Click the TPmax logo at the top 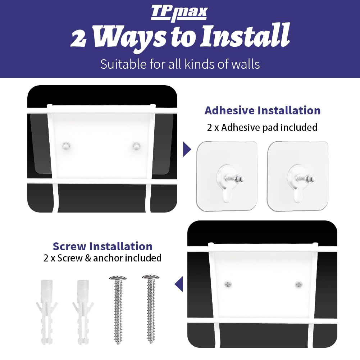pyautogui.click(x=179, y=13)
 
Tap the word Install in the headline pyautogui.click(x=245, y=35)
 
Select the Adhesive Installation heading pyautogui.click(x=263, y=110)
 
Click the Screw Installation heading pyautogui.click(x=102, y=246)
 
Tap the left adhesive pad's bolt pyautogui.click(x=234, y=178)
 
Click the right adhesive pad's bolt pyautogui.click(x=305, y=178)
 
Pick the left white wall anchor pyautogui.click(x=47, y=312)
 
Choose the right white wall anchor pyautogui.click(x=83, y=312)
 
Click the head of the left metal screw pyautogui.click(x=118, y=278)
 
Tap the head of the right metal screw pyautogui.click(x=150, y=277)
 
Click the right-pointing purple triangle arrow pyautogui.click(x=187, y=149)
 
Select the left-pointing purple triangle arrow pyautogui.click(x=179, y=284)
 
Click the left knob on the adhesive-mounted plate pyautogui.click(x=66, y=146)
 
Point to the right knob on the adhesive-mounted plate pyautogui.click(x=136, y=146)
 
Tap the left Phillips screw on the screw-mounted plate pyautogui.click(x=228, y=284)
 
